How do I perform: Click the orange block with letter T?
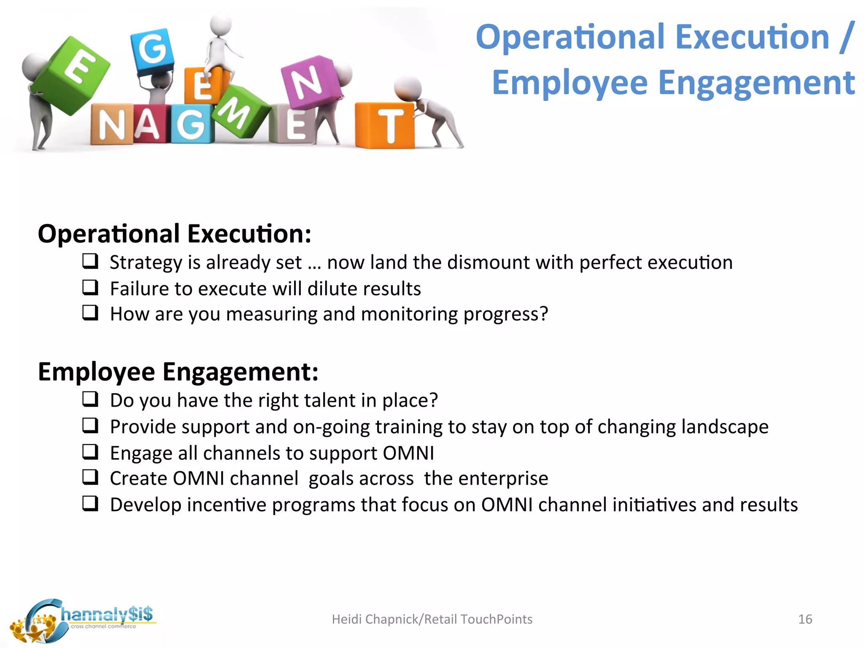coord(385,125)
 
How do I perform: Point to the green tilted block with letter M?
coord(240,111)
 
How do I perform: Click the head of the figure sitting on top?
coord(221,25)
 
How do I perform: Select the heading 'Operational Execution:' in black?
coord(175,234)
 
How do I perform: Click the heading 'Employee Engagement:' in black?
coord(178,372)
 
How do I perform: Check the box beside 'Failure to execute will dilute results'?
coord(90,288)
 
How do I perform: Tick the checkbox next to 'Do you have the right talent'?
coord(90,399)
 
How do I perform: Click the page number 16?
coord(805,619)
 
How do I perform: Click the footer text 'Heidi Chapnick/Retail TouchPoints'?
coord(432,619)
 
